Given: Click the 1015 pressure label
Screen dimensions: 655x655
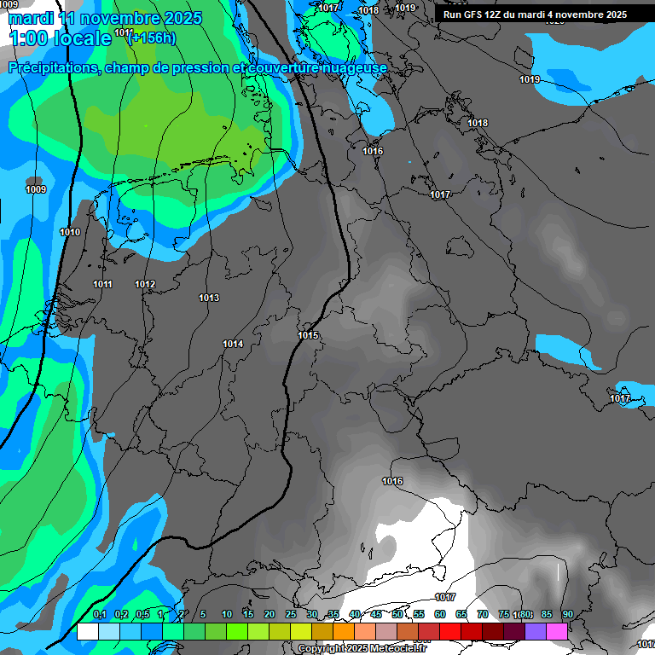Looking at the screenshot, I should pos(308,335).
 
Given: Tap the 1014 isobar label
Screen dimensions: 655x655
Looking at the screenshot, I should pos(233,344).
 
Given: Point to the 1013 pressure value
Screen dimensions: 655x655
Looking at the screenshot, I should pos(209,298).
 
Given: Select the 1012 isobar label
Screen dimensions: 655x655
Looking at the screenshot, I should pos(145,284).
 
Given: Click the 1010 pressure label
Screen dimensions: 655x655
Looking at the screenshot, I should pos(70,232).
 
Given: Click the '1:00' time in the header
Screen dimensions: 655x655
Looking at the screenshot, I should pos(26,38).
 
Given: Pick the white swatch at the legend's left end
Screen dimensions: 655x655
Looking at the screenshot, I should pos(87,631).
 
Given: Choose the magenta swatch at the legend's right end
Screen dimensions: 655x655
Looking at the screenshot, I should pos(557,631).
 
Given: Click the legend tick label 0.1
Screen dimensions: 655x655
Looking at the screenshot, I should pos(99,614).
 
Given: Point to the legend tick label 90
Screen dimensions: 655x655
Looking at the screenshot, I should pos(567,614).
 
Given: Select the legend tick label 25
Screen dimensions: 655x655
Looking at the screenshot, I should pos(291,614).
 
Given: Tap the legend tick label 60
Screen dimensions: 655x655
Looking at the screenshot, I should pos(440,614).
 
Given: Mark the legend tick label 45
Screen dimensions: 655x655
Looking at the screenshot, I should pos(376,614).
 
